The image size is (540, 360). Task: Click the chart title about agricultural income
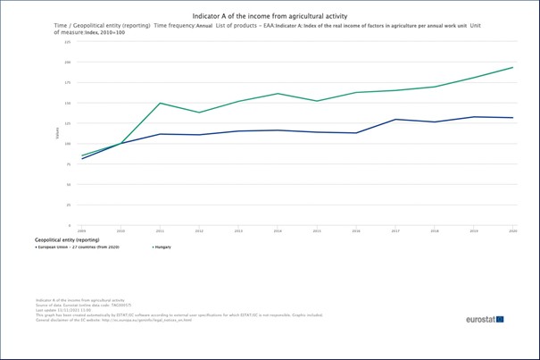[x=270, y=16]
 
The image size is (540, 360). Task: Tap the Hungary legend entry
[x=162, y=247]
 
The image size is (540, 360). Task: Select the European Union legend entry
[x=78, y=247]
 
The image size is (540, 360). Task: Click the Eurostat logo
[x=484, y=319]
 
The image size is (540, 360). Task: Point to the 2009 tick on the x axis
[x=82, y=230]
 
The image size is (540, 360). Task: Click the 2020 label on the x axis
[x=512, y=230]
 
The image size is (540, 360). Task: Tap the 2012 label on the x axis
[x=199, y=230]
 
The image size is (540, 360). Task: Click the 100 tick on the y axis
[x=68, y=144]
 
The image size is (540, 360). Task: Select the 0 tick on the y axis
[x=70, y=225]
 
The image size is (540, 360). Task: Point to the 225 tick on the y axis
[x=68, y=42]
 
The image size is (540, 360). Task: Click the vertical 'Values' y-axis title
[x=58, y=134]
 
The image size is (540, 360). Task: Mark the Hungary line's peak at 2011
[x=161, y=103]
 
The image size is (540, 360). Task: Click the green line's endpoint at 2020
[x=512, y=67]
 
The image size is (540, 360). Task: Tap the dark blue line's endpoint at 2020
[x=512, y=118]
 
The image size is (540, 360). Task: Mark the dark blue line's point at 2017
[x=395, y=119]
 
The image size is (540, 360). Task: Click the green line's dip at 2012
[x=199, y=113]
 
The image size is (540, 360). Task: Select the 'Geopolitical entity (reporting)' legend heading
[x=67, y=239]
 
